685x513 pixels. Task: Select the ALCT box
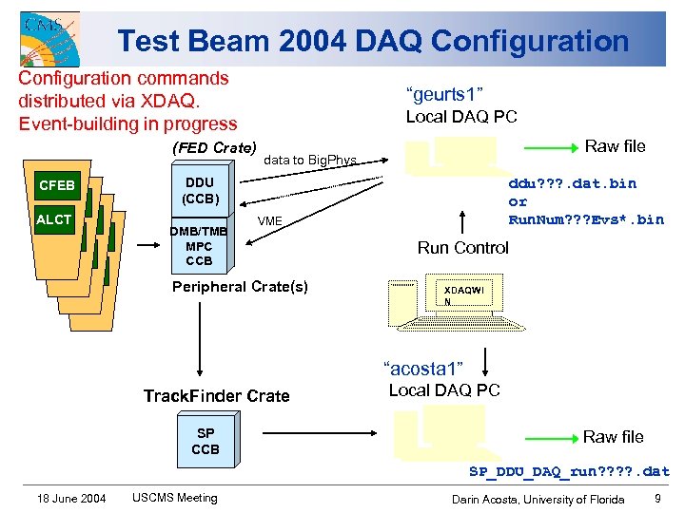point(54,219)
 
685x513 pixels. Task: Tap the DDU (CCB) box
point(200,191)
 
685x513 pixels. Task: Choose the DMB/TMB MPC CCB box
point(199,245)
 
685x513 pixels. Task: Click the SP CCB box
point(205,441)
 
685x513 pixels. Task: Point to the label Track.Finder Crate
point(216,395)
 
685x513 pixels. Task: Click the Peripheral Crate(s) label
point(240,286)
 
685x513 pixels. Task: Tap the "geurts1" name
point(445,94)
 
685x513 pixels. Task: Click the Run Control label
point(462,248)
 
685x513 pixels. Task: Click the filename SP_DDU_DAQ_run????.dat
point(569,471)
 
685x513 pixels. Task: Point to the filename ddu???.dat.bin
point(573,183)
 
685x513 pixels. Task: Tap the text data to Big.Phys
point(310,160)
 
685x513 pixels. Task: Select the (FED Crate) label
point(214,147)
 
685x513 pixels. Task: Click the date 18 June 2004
point(72,498)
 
